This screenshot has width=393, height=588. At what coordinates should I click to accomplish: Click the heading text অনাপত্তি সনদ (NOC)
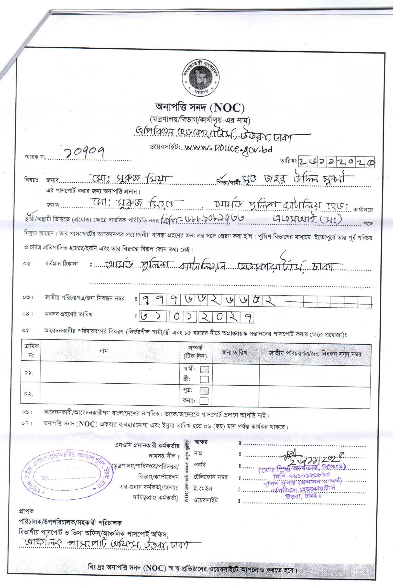[x=200, y=108]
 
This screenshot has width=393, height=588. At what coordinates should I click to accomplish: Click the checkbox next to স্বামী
[x=204, y=370]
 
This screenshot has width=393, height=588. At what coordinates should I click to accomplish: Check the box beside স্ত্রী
[x=204, y=379]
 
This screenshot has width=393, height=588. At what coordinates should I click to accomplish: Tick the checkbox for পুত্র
[x=204, y=391]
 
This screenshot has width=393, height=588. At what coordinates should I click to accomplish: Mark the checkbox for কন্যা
[x=204, y=401]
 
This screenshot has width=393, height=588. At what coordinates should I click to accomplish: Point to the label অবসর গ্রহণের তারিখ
[x=68, y=315]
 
